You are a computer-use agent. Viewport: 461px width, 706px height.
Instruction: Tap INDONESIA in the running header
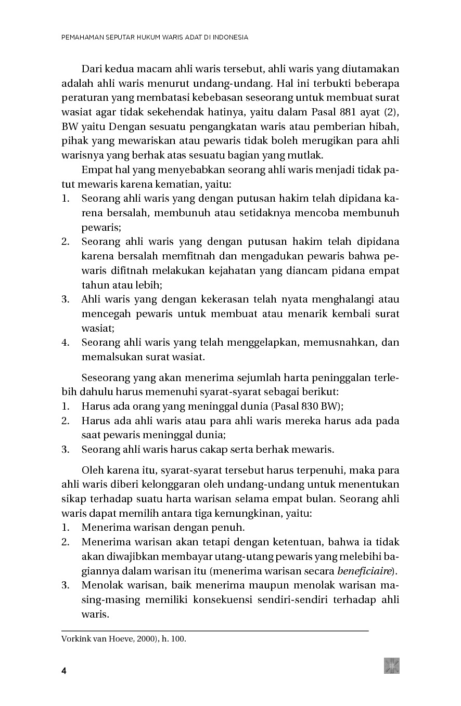pyautogui.click(x=230, y=37)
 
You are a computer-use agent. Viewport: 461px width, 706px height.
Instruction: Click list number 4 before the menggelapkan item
pyautogui.click(x=65, y=343)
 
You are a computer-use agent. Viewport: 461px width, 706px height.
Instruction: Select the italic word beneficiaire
pyautogui.click(x=364, y=571)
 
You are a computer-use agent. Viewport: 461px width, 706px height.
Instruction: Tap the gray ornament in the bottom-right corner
pyautogui.click(x=392, y=665)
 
